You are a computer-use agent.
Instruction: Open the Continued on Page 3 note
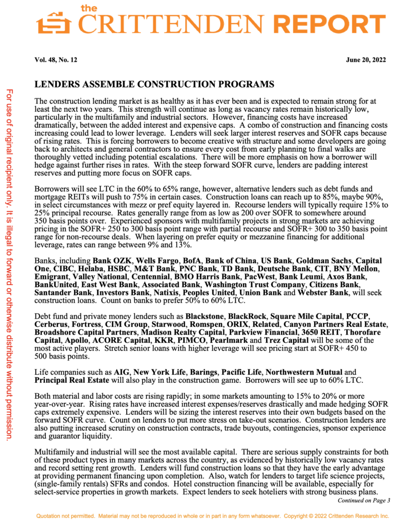click(364, 500)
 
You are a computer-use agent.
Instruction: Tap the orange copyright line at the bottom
click(211, 516)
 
